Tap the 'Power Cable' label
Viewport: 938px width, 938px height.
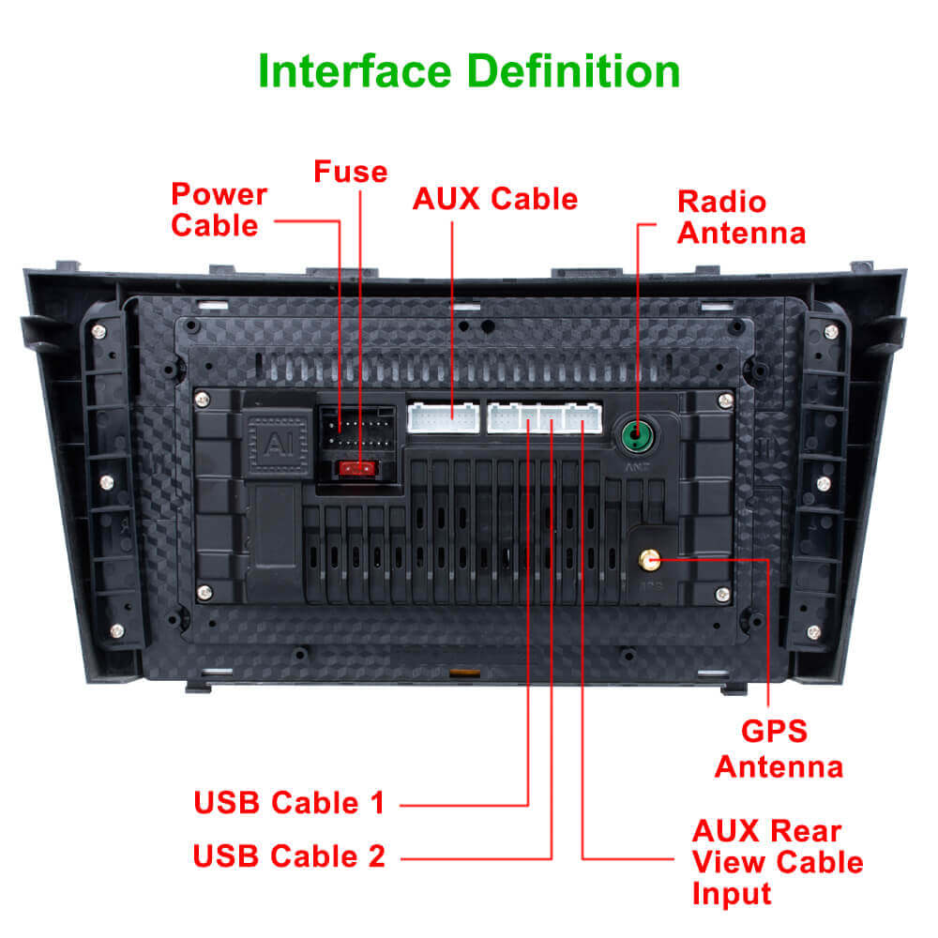[219, 210]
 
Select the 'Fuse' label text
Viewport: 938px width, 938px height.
[350, 172]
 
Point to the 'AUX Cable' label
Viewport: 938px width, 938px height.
[495, 199]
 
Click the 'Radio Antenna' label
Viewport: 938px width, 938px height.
[740, 217]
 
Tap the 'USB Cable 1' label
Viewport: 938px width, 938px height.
[289, 803]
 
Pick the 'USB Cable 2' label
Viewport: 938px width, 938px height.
[289, 855]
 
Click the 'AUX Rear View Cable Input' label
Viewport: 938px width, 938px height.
[777, 861]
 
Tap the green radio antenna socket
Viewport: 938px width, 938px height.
[636, 434]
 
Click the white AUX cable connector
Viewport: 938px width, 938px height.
[443, 417]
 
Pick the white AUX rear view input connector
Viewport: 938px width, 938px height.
[583, 417]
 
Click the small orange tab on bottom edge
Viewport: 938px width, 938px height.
[459, 673]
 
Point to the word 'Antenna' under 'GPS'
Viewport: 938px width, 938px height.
[779, 766]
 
